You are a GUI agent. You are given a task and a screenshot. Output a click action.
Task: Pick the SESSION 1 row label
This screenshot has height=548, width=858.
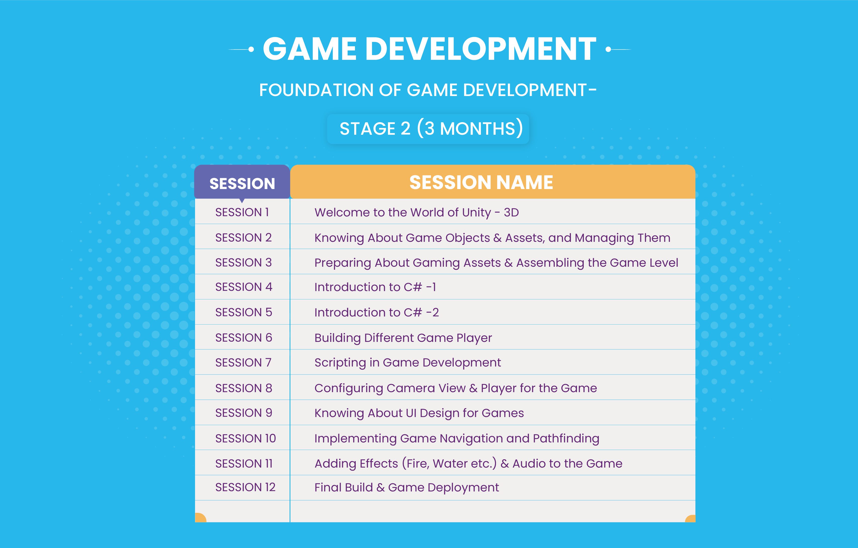tap(242, 212)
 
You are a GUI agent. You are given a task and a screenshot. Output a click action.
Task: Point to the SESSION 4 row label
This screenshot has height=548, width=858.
tap(244, 287)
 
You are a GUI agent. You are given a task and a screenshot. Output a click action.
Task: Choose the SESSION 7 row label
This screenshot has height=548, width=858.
tap(243, 362)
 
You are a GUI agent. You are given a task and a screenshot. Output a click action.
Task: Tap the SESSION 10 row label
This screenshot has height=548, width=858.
tap(246, 438)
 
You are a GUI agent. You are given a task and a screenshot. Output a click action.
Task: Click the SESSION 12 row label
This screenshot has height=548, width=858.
tap(246, 487)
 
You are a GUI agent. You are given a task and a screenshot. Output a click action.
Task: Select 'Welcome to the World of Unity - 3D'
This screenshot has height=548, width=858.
tap(417, 212)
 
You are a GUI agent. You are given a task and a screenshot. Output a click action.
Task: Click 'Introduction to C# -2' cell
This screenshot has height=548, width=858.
tap(377, 312)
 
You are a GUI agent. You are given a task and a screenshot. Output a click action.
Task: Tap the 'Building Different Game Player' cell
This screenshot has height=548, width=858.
tap(403, 338)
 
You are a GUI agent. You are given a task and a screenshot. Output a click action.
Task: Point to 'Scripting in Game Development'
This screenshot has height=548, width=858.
tap(408, 363)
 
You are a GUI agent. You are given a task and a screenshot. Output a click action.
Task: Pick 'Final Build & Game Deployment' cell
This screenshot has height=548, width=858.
tap(407, 487)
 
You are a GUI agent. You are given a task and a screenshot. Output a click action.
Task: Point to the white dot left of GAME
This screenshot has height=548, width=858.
tap(251, 50)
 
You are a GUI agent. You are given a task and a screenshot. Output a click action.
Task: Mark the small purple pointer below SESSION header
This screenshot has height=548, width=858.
tap(242, 201)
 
